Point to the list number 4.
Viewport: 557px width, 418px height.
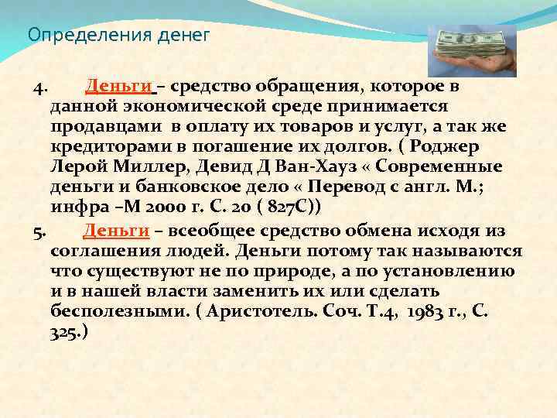pyautogui.click(x=43, y=85)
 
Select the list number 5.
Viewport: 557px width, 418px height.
pyautogui.click(x=42, y=231)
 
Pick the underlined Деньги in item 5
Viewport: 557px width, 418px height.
pyautogui.click(x=116, y=230)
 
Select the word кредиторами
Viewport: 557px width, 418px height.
pyautogui.click(x=110, y=146)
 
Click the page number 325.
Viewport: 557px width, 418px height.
pyautogui.click(x=66, y=333)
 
